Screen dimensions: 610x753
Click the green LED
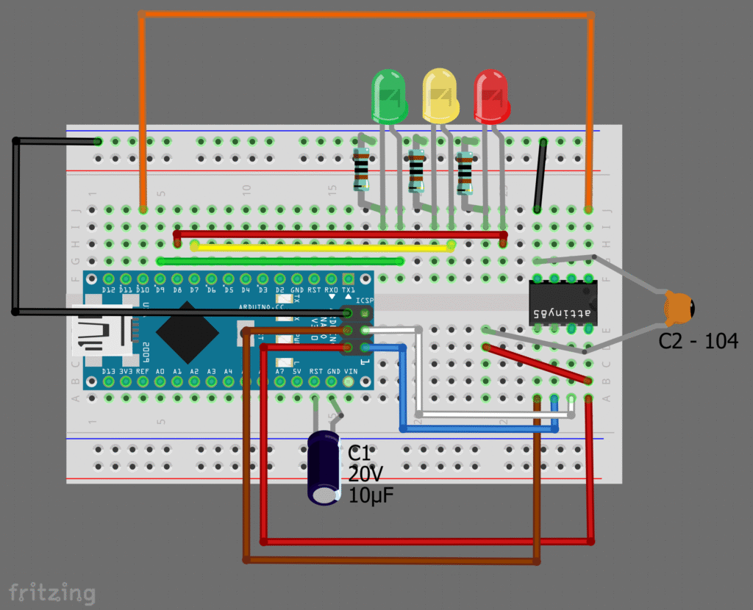coord(389,94)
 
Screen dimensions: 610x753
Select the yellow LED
coord(440,94)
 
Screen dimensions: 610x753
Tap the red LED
coord(491,94)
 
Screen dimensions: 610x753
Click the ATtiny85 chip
coord(562,303)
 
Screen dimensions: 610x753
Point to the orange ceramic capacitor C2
coord(678,308)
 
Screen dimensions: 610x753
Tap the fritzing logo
coord(51,591)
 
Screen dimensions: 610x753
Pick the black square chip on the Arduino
coord(187,331)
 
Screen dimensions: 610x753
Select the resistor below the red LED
coord(464,171)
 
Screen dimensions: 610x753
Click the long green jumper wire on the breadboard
coord(280,260)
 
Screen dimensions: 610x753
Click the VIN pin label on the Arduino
coord(350,372)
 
